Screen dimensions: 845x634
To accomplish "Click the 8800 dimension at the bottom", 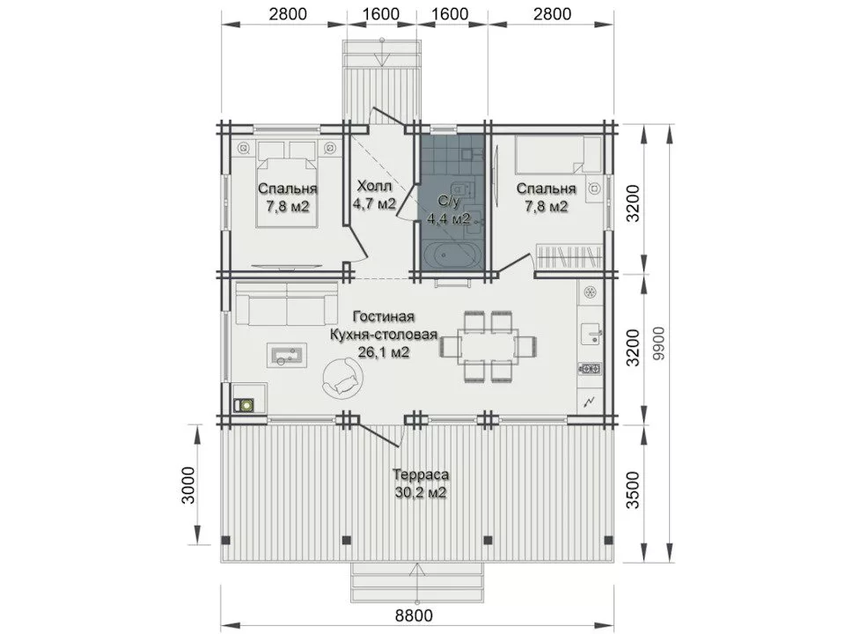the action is point(414,615).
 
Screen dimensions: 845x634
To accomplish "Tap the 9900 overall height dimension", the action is point(659,344).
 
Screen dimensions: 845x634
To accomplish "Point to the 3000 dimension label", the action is point(187,484).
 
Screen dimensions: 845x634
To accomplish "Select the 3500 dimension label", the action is point(635,490).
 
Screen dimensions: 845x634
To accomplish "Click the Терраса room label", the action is point(421,475).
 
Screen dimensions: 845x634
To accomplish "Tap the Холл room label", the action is point(375,187).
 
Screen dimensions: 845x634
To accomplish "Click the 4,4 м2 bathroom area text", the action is point(448,218).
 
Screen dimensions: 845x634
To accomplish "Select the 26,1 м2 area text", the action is point(383,352).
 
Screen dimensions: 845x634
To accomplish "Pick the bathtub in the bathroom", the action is point(451,255).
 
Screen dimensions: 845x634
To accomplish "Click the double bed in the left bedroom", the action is point(285,183).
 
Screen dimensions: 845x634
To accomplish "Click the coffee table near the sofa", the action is point(287,355).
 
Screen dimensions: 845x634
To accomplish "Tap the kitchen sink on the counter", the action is point(591,335).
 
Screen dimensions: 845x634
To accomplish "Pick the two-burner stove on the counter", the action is point(590,369).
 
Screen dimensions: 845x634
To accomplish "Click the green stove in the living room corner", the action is point(246,404).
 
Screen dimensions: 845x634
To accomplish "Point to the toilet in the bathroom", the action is point(460,188).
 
